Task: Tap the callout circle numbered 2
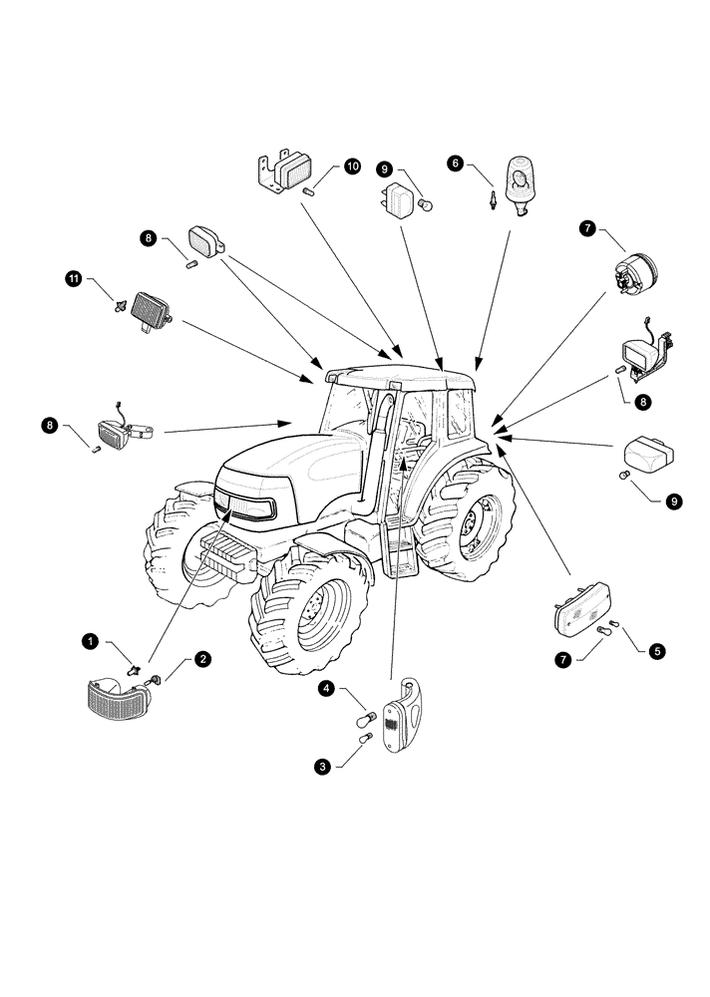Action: (202, 658)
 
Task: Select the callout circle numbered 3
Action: (321, 767)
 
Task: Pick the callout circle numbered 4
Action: (326, 688)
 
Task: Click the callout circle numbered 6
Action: (456, 163)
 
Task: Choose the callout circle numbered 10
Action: (352, 166)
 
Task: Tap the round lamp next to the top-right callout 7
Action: (635, 271)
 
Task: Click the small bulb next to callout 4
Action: (365, 716)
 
